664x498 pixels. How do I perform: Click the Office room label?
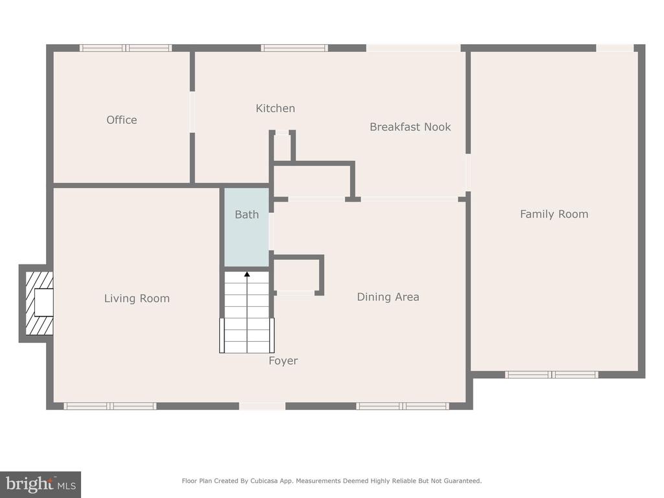[121, 120]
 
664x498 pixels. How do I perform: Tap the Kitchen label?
[275, 108]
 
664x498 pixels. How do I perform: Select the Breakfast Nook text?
[410, 127]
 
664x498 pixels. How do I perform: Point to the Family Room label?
[554, 214]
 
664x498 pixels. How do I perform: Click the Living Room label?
[137, 298]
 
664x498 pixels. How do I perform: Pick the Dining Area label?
[388, 297]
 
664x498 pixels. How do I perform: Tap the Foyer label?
[283, 361]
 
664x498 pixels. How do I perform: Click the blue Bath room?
[246, 227]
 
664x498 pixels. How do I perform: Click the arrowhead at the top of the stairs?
[247, 274]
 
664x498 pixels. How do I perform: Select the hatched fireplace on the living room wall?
[40, 303]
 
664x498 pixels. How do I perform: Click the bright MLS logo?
[40, 484]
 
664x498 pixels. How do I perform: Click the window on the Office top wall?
[126, 48]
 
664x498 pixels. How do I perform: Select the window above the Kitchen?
[294, 48]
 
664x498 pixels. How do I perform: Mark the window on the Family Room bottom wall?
[551, 374]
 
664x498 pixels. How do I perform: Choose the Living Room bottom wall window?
[110, 406]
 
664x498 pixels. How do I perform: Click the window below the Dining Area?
[402, 406]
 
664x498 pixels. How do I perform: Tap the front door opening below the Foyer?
[262, 406]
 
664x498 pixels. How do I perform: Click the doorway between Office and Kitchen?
[192, 112]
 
